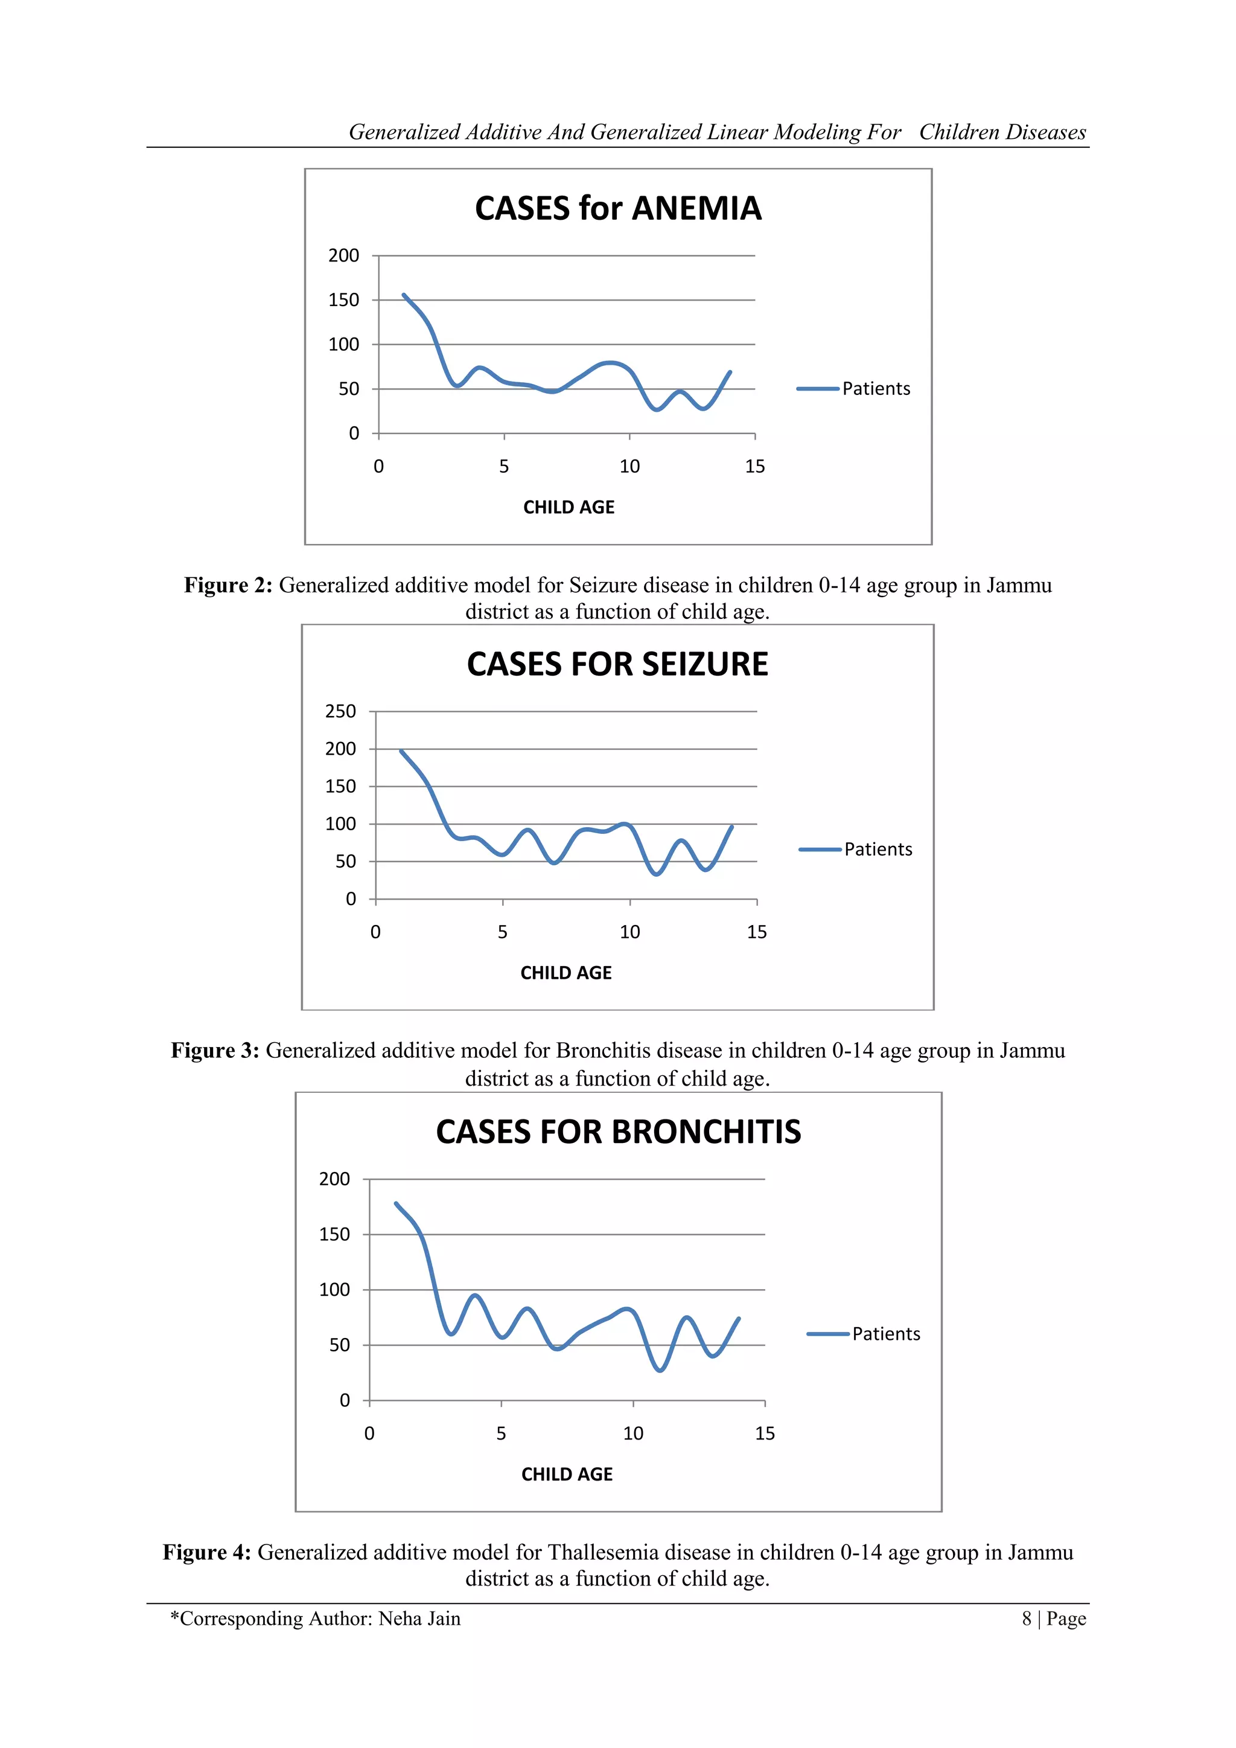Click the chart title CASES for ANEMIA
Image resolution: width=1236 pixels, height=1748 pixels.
[x=617, y=208]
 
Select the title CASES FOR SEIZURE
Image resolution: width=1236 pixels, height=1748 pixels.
[x=617, y=665]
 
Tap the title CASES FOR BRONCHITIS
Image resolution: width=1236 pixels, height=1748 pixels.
[x=618, y=1132]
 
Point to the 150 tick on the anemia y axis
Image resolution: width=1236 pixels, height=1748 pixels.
[x=343, y=300]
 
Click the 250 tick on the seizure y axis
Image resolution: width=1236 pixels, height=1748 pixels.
[x=340, y=711]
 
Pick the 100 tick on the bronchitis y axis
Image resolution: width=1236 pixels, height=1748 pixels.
[x=334, y=1290]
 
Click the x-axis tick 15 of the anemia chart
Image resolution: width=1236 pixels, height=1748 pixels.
[x=755, y=467]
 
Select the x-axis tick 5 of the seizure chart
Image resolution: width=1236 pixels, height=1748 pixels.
[x=502, y=932]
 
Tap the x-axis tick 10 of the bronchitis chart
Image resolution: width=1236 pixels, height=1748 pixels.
[x=633, y=1433]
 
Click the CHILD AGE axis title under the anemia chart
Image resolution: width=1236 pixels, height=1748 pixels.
[x=569, y=508]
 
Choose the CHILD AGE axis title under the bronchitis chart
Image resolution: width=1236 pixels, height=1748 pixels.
[x=567, y=1474]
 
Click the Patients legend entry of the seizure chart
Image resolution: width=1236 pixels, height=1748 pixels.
[x=878, y=850]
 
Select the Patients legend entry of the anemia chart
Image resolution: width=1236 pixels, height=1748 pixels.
[x=875, y=389]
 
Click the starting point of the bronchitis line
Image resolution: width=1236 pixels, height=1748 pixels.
[x=396, y=1203]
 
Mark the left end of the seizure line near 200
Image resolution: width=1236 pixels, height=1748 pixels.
[x=401, y=751]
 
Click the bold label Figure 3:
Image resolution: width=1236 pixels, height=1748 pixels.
[x=215, y=1051]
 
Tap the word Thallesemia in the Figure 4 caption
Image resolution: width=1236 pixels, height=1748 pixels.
[x=601, y=1552]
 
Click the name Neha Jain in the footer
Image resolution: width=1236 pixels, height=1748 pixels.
[x=419, y=1619]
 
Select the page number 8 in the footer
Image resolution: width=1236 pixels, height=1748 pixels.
[x=1027, y=1619]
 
